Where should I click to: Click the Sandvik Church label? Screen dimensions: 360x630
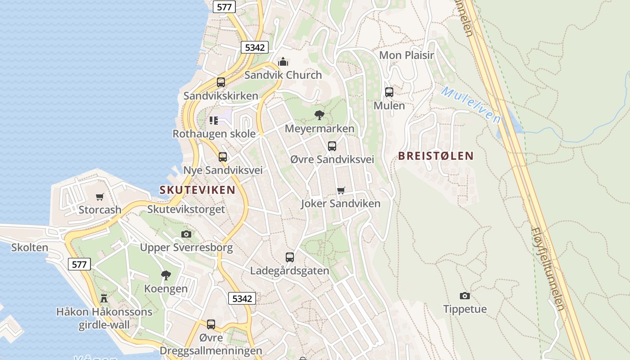tap(283, 75)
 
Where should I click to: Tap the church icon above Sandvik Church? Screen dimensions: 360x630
tap(283, 62)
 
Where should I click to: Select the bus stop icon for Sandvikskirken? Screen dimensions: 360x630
tap(220, 82)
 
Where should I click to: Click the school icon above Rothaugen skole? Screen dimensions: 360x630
tap(213, 121)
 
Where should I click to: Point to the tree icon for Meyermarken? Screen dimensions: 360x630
tap(319, 115)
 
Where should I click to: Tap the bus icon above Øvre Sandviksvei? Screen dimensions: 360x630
tap(332, 146)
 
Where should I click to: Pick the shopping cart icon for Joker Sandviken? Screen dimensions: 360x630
tap(341, 190)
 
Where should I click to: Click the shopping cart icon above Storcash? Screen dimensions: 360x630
tap(100, 197)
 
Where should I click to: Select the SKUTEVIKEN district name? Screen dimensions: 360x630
tap(198, 190)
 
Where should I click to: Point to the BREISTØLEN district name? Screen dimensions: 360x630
tap(436, 156)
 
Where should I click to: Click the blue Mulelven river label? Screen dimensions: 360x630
tap(471, 105)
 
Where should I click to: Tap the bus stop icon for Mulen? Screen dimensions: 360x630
tap(389, 92)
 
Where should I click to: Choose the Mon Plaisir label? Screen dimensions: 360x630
tap(406, 55)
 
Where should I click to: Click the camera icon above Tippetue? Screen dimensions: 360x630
tap(465, 296)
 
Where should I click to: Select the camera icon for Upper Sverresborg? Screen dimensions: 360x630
tap(186, 234)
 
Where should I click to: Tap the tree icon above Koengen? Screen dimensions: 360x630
tap(166, 275)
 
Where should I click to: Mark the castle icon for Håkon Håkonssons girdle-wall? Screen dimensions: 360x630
tap(104, 298)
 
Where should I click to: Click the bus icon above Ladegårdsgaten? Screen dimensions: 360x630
tap(290, 257)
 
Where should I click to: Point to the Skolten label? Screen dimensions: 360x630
tap(30, 247)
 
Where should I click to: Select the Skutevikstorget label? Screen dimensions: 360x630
tap(186, 209)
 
